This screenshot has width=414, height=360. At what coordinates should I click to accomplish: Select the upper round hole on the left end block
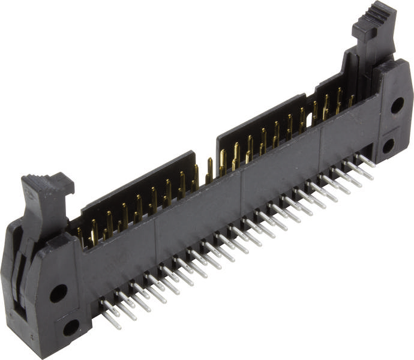(58, 293)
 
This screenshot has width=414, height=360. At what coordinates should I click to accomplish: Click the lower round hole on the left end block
(71, 327)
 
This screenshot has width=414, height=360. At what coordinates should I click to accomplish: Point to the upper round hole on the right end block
(397, 106)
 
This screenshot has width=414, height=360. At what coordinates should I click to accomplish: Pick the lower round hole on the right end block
(388, 145)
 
